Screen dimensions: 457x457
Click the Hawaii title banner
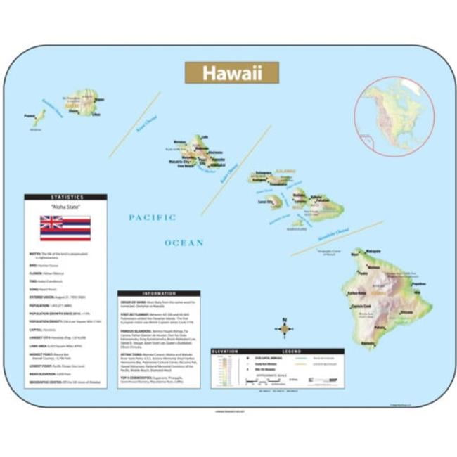(x=231, y=73)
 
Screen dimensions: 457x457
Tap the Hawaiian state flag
(x=65, y=227)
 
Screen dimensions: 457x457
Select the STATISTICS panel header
(x=65, y=198)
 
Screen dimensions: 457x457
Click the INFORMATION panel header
(x=158, y=293)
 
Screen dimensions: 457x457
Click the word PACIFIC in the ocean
(x=152, y=218)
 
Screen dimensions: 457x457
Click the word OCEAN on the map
(x=184, y=243)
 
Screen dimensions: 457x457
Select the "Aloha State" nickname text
(x=65, y=207)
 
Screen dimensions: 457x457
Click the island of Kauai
(x=85, y=103)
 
